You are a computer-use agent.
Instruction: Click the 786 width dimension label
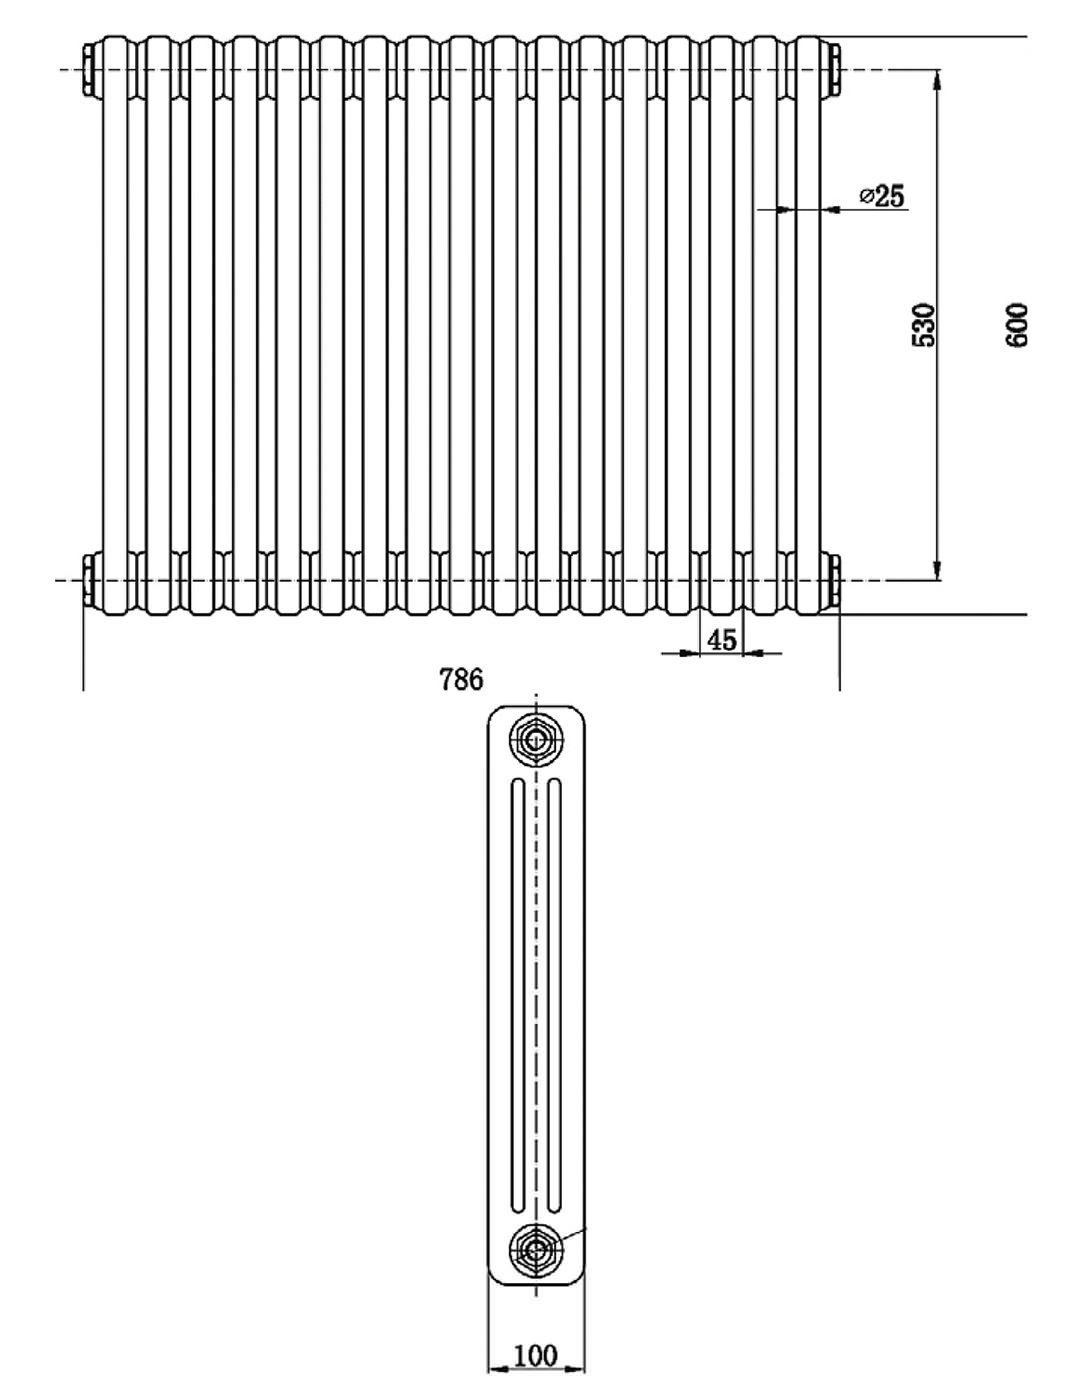coord(461,680)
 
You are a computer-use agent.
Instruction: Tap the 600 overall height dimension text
coord(1016,324)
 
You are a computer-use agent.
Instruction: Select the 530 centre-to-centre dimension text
coord(925,324)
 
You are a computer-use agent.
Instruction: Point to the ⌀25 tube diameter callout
coord(881,196)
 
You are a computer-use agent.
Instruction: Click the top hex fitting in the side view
coord(536,740)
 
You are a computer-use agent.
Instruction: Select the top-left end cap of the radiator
coord(90,69)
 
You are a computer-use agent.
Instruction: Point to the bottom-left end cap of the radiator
coord(90,580)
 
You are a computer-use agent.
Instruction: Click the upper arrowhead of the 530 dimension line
coord(937,79)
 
